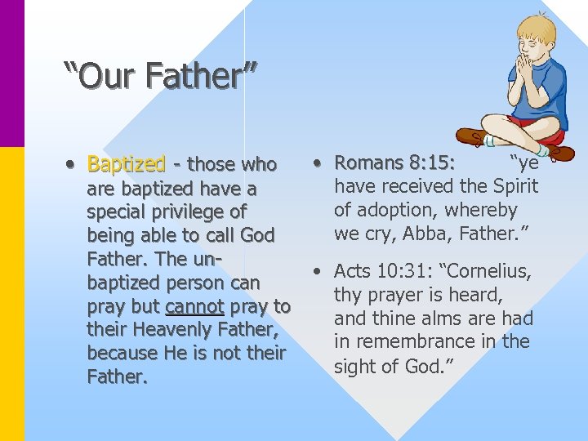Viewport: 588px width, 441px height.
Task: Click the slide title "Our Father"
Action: pyautogui.click(x=160, y=76)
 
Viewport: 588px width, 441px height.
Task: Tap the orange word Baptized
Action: pyautogui.click(x=127, y=164)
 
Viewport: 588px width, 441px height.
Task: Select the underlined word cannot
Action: pyautogui.click(x=195, y=306)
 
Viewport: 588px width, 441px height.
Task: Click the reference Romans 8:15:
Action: pyautogui.click(x=395, y=163)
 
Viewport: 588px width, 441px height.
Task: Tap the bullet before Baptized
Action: pyautogui.click(x=72, y=164)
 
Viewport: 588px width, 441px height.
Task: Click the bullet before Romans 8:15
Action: pyautogui.click(x=319, y=163)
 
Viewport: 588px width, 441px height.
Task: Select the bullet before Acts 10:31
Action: pyautogui.click(x=319, y=271)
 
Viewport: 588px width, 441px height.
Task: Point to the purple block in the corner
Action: pyautogui.click(x=12, y=73)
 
